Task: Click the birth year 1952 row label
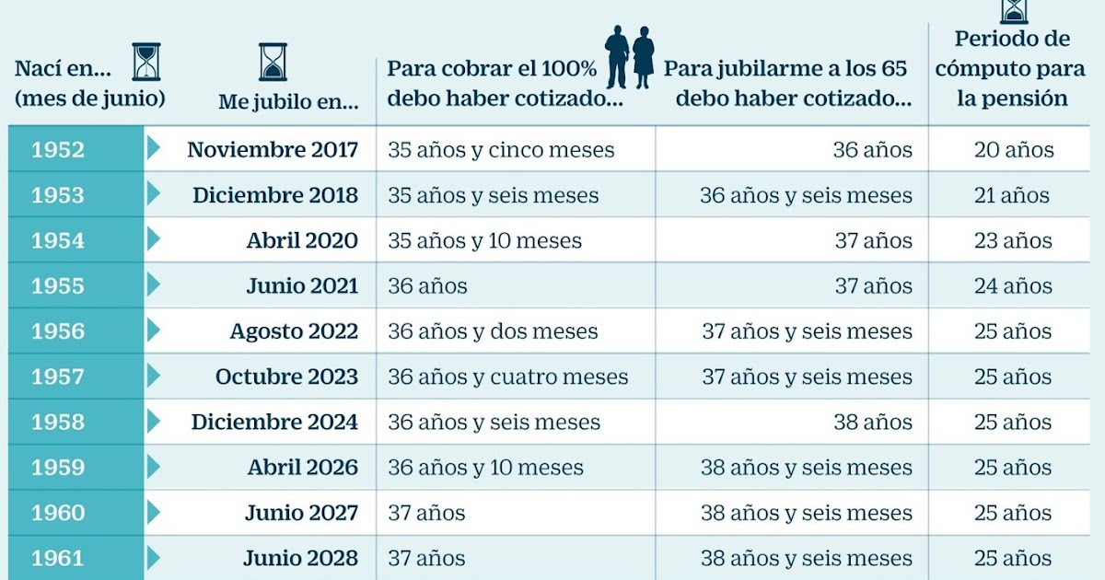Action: [57, 150]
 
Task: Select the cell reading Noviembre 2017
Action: [273, 150]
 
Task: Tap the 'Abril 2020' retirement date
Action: [302, 241]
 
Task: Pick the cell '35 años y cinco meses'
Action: [501, 150]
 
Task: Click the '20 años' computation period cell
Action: [1014, 150]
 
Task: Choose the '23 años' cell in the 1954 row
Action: [1013, 241]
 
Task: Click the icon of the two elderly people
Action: [630, 57]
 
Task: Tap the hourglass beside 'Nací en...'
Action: [145, 62]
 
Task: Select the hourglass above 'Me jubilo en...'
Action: [273, 62]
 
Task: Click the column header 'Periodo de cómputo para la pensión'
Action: [1012, 69]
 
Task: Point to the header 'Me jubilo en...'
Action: [288, 103]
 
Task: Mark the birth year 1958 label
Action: [57, 423]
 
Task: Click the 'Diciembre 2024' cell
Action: [274, 423]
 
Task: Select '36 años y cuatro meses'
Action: [508, 377]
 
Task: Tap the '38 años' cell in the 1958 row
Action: [872, 423]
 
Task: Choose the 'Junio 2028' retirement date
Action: [300, 559]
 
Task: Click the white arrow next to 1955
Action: [153, 285]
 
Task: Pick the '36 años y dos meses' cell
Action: [493, 331]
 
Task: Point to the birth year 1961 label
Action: [57, 559]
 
